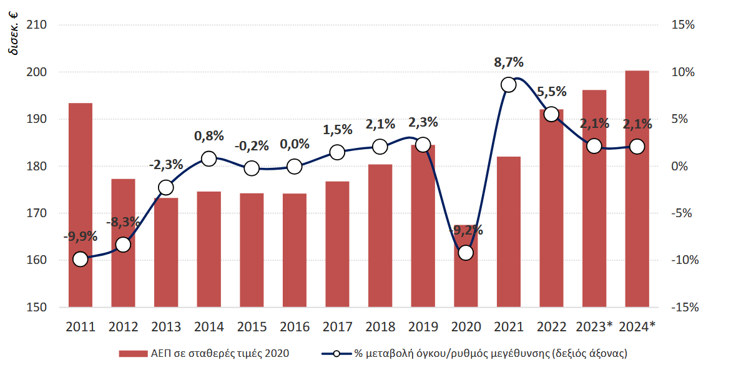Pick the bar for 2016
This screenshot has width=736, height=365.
coord(295,250)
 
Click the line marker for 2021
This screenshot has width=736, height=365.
coord(509,85)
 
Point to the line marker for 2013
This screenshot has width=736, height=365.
coord(166,188)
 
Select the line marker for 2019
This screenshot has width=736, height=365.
coord(423,145)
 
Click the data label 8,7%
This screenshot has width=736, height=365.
coord(509,62)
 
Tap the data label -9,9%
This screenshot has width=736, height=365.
coord(81,236)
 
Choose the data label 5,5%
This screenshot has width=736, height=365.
coord(551,92)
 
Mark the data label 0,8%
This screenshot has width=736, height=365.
coord(209,136)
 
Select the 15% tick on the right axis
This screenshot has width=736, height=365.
coord(683,26)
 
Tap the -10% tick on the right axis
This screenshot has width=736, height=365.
coord(681,260)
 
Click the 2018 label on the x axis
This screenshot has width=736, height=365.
coord(380,326)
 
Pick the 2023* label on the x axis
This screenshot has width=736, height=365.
coord(594,326)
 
